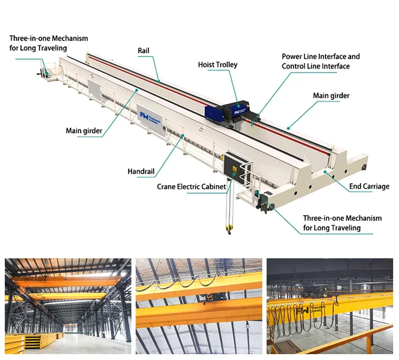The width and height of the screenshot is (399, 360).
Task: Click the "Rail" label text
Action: pyautogui.click(x=143, y=51)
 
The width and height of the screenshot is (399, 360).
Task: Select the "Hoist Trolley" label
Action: pyautogui.click(x=218, y=65)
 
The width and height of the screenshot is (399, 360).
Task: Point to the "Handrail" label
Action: pyautogui.click(x=141, y=171)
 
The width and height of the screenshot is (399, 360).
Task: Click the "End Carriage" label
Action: pyautogui.click(x=369, y=186)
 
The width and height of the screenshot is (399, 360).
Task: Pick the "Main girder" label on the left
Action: pyautogui.click(x=84, y=130)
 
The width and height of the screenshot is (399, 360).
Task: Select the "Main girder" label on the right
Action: pyautogui.click(x=331, y=96)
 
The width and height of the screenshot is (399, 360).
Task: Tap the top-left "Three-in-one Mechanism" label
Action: pyautogui.click(x=48, y=38)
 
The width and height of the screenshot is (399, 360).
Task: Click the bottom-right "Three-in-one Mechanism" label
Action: pyautogui.click(x=342, y=219)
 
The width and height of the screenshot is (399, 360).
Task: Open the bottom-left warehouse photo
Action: pyautogui.click(x=68, y=306)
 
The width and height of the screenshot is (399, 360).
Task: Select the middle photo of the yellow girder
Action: pyautogui.click(x=199, y=306)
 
